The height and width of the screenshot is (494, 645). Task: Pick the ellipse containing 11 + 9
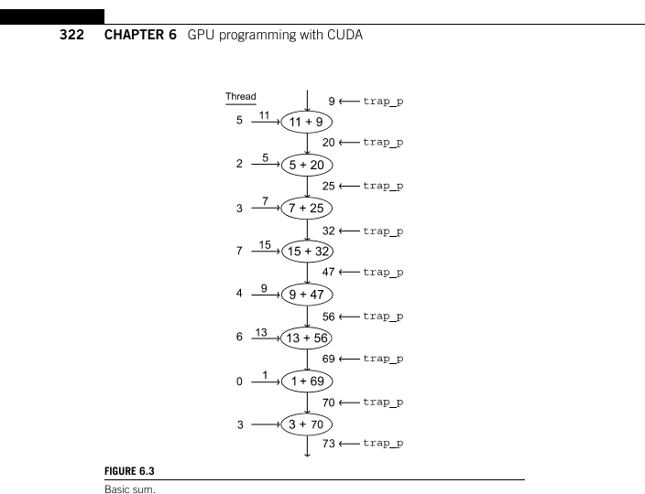pyautogui.click(x=307, y=121)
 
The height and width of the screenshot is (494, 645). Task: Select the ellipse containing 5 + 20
pyautogui.click(x=307, y=165)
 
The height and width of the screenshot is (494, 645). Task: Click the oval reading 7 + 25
pyautogui.click(x=307, y=208)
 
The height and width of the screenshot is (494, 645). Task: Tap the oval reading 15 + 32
pyautogui.click(x=307, y=251)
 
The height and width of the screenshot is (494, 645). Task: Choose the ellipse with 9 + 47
pyautogui.click(x=307, y=294)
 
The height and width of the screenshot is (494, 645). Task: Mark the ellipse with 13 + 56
pyautogui.click(x=307, y=337)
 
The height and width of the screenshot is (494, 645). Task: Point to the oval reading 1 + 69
pyautogui.click(x=307, y=380)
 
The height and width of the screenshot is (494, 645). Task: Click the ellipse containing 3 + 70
pyautogui.click(x=307, y=423)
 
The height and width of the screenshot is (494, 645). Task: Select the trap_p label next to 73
pyautogui.click(x=384, y=445)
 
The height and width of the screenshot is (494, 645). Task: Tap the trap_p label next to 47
pyautogui.click(x=384, y=272)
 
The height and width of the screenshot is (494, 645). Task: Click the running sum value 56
pyautogui.click(x=327, y=315)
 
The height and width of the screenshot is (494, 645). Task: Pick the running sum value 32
pyautogui.click(x=327, y=229)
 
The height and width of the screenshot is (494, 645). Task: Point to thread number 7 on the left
pyautogui.click(x=239, y=252)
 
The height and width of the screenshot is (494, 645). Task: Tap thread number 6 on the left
pyautogui.click(x=239, y=338)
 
